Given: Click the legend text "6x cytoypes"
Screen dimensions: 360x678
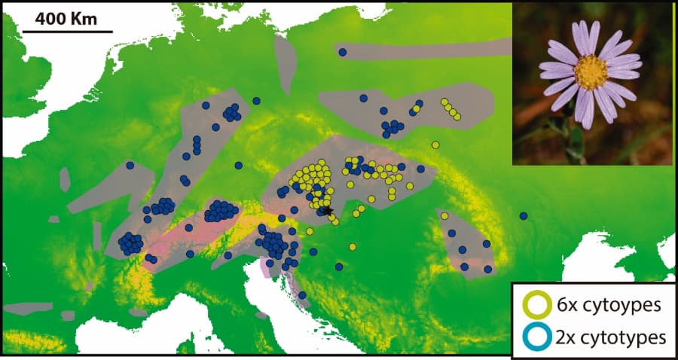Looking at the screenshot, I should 603,306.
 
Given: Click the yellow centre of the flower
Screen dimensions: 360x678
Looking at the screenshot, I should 590,72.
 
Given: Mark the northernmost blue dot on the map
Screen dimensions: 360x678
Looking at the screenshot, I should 342,52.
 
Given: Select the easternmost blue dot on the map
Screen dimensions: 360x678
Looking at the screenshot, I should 524,216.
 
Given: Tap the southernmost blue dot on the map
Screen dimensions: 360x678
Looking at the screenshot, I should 302,295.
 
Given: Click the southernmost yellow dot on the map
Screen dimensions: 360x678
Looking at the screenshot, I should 353,246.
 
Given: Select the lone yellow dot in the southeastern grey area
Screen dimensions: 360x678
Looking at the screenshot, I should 444,216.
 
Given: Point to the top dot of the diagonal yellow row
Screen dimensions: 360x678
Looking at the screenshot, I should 444,102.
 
